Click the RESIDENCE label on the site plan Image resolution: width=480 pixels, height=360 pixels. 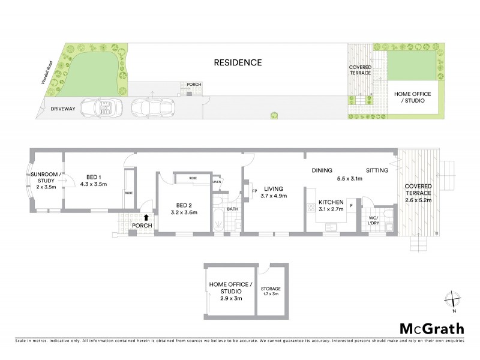pyautogui.click(x=238, y=62)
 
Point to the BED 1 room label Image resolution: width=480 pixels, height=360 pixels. pyautogui.click(x=93, y=181)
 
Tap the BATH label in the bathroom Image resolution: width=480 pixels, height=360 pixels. pyautogui.click(x=232, y=209)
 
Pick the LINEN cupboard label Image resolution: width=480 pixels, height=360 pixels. pyautogui.click(x=217, y=182)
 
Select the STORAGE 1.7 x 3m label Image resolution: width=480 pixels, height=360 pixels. pyautogui.click(x=271, y=292)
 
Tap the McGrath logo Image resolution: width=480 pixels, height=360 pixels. pyautogui.click(x=431, y=328)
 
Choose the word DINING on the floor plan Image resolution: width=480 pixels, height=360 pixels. pyautogui.click(x=322, y=170)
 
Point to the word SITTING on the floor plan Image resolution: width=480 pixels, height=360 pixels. pyautogui.click(x=377, y=170)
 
